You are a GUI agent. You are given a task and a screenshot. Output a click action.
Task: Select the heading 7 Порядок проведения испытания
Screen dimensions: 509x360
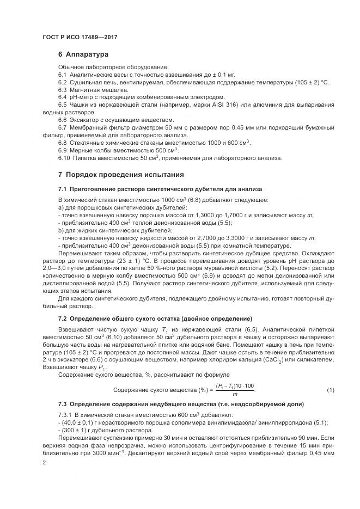point(121,175)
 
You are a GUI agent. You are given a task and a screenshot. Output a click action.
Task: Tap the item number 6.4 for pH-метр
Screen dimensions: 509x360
point(63,96)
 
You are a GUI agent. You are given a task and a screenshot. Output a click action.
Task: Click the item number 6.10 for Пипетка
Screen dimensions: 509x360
point(64,158)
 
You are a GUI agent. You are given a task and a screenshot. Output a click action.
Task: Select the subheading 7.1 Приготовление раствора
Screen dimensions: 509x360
point(160,189)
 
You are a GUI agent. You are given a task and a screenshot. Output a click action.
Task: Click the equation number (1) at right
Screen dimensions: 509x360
point(330,390)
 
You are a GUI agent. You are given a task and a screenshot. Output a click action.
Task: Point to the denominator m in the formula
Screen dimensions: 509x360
point(235,394)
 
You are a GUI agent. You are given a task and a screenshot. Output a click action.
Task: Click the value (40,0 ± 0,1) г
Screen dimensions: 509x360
point(80,422)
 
